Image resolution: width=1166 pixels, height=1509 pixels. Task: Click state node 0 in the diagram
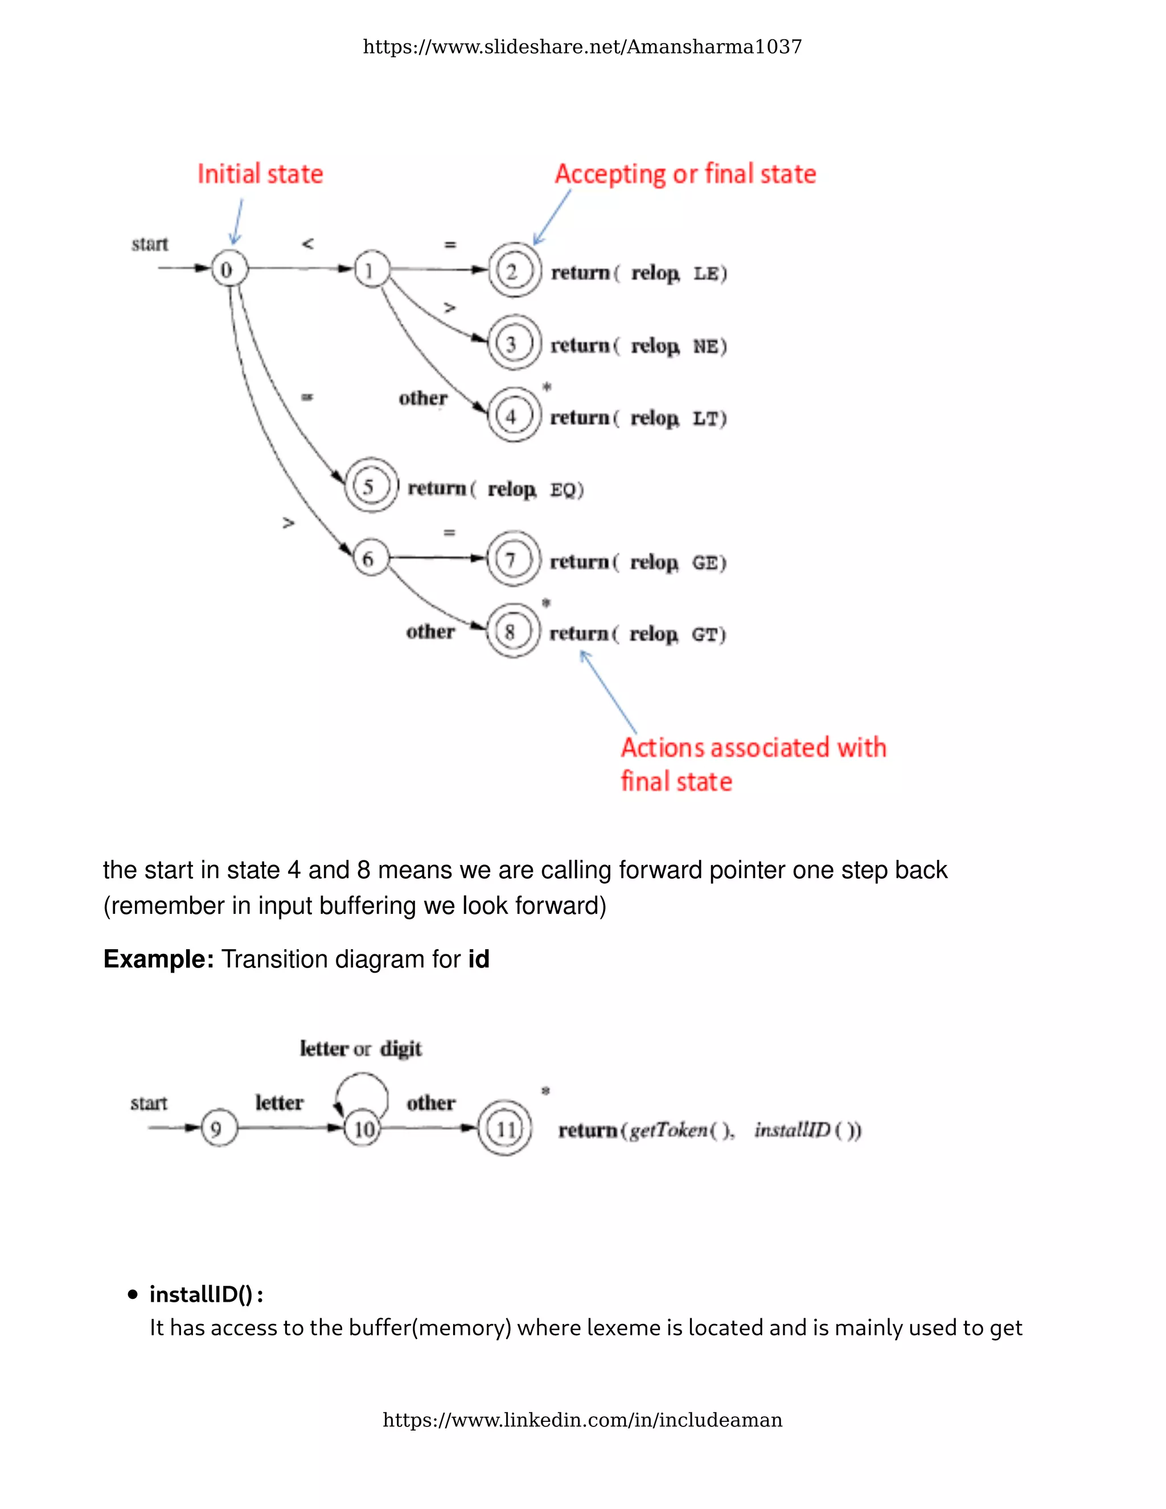(x=227, y=269)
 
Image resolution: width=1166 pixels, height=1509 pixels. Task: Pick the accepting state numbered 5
(x=369, y=486)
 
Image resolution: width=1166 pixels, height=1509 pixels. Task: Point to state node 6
(x=369, y=558)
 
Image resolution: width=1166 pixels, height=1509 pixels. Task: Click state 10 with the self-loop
(x=363, y=1129)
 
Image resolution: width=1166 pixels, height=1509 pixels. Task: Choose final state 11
(x=506, y=1129)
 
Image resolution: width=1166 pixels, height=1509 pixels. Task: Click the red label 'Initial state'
(x=260, y=174)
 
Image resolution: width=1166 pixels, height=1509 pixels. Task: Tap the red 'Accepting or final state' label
(x=685, y=174)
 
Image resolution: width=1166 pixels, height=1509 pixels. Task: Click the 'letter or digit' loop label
(x=360, y=1048)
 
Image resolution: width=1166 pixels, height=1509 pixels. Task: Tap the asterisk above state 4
(x=547, y=387)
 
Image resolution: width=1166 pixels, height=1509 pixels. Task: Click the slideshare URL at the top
(x=582, y=47)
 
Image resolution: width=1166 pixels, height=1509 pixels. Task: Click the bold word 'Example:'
(x=158, y=959)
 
